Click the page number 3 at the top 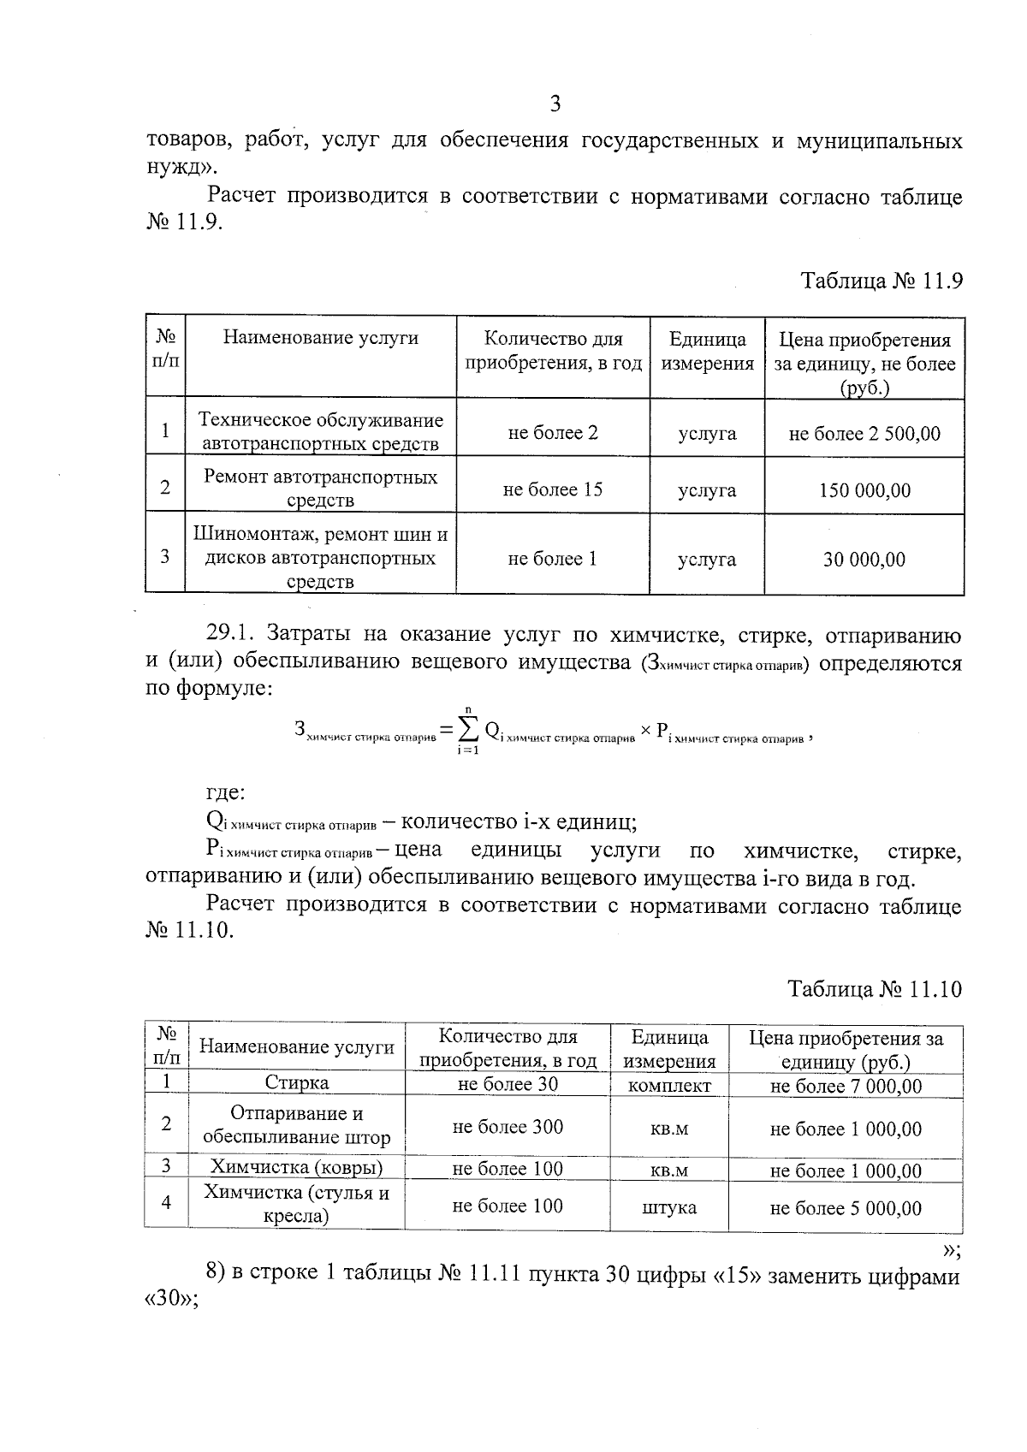pos(555,104)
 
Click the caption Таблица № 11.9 pos(882,281)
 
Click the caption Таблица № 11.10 pos(875,989)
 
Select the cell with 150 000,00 pos(864,490)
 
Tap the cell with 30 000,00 pos(864,560)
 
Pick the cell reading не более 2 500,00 pos(864,434)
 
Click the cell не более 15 pos(552,489)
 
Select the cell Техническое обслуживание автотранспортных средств pos(320,431)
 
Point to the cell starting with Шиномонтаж pos(320,558)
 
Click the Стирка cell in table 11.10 pos(296,1082)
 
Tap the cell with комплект pos(668,1085)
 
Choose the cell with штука pos(668,1207)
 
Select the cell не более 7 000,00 pos(846,1086)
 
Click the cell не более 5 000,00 pos(846,1208)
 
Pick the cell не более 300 pos(508,1127)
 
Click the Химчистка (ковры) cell pos(296,1166)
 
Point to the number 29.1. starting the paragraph pos(231,634)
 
